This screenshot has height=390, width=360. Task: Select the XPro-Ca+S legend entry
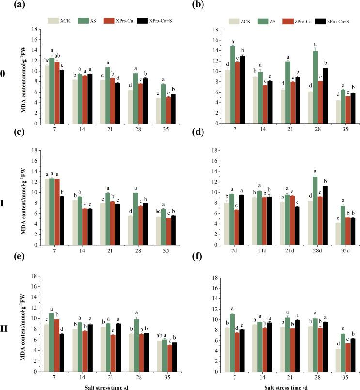(148, 21)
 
